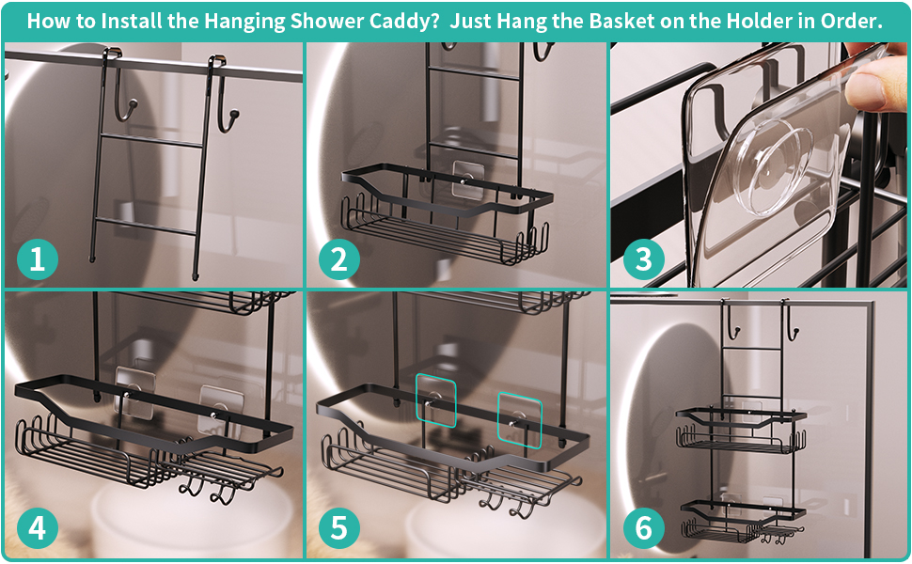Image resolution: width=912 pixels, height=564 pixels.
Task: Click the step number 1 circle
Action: [37, 258]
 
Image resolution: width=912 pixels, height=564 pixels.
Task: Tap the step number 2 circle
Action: [338, 258]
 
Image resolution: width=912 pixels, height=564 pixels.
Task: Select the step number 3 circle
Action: [643, 258]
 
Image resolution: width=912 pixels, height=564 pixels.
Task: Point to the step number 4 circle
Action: [37, 528]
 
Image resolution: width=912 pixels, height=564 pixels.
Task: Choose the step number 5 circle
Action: [338, 528]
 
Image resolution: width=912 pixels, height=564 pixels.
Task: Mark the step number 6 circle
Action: [643, 528]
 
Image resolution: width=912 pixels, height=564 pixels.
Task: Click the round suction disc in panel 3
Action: [763, 179]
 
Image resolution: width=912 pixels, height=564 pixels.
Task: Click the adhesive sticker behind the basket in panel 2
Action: [468, 180]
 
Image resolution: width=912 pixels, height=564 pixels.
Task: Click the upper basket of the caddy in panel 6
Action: [741, 431]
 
